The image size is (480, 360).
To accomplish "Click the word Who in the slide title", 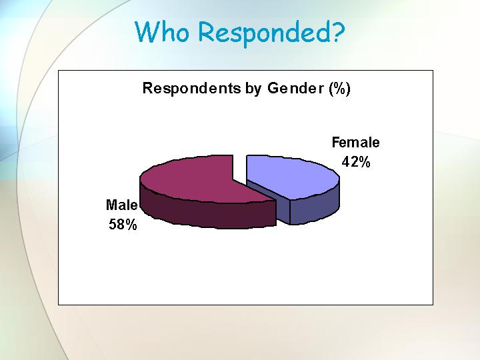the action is pos(162,31).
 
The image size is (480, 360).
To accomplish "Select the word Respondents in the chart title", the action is pos(191,88).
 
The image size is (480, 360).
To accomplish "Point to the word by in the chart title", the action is pos(253,89).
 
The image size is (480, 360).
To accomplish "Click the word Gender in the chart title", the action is pos(295,89).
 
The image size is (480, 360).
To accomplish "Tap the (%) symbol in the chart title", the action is pos(339,89).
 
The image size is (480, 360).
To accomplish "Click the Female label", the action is pos(356,143).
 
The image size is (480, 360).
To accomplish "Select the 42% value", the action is pos(356,161).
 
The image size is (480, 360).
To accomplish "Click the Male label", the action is pos(121,205).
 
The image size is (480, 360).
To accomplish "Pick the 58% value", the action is pos(123,225).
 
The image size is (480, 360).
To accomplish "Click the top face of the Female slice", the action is pos(291,176).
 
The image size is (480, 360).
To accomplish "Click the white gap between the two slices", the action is pos(239,168).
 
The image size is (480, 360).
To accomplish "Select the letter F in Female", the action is pos(336,143).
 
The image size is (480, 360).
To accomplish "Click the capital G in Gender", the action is pos(273,88).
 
